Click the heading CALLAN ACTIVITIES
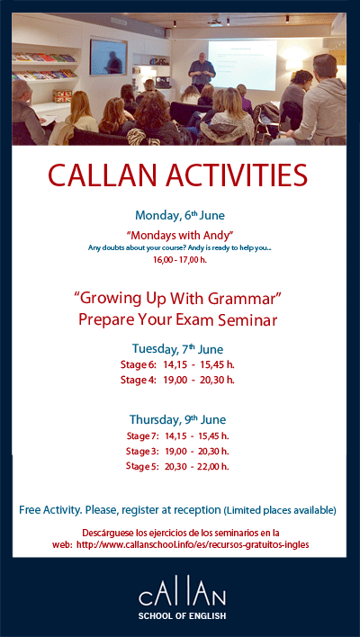[177, 175]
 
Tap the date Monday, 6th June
[179, 215]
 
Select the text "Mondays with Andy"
[180, 234]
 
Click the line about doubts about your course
[180, 247]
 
